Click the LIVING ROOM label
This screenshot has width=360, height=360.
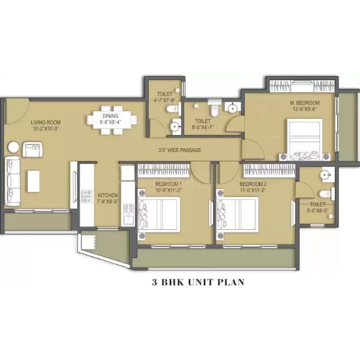(x=46, y=122)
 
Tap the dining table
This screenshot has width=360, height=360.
(x=112, y=120)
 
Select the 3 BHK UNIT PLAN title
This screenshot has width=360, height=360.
(x=198, y=282)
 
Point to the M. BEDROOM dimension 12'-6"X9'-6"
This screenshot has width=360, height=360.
(x=304, y=109)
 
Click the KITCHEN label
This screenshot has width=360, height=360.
(x=107, y=196)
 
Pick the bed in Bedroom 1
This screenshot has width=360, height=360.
(x=159, y=214)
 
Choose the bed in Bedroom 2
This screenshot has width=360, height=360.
(x=238, y=214)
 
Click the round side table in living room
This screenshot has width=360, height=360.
(x=14, y=147)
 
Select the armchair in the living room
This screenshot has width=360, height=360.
(x=32, y=149)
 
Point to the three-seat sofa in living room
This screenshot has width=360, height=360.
(x=13, y=181)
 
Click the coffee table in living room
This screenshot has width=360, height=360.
(x=34, y=181)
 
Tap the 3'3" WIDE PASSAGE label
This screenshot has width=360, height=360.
(x=180, y=150)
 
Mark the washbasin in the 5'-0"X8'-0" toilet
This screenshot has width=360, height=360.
(x=326, y=175)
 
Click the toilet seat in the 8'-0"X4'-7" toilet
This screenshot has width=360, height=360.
(x=215, y=110)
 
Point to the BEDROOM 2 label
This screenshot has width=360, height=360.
(x=253, y=184)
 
